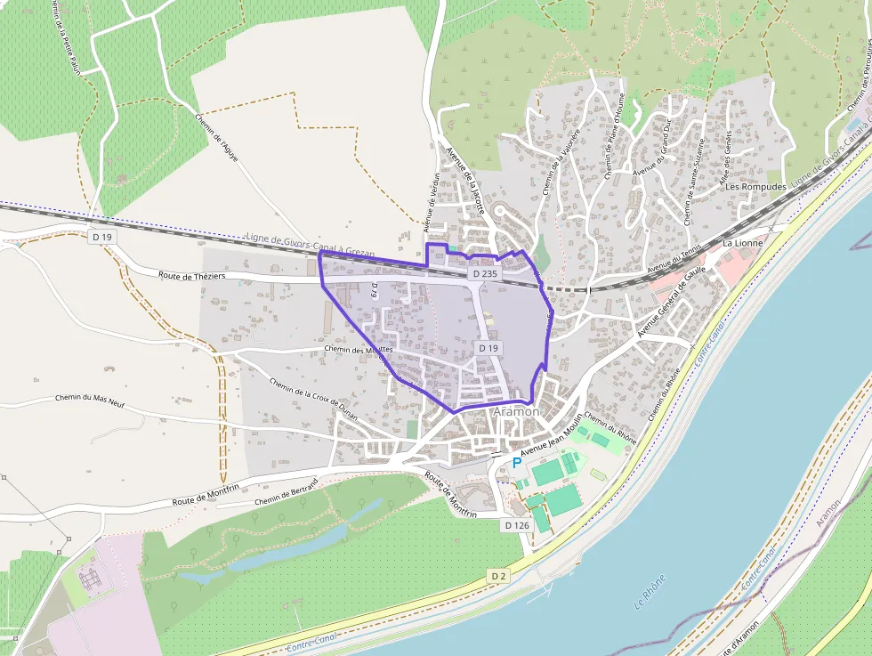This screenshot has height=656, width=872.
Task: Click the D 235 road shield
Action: pyautogui.click(x=485, y=274)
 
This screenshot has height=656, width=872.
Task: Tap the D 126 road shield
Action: pyautogui.click(x=517, y=525)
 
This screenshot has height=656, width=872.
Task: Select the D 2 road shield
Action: pyautogui.click(x=498, y=576)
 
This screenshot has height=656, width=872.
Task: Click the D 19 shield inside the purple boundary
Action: pyautogui.click(x=488, y=348)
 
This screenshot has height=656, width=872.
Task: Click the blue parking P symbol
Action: pyautogui.click(x=516, y=463)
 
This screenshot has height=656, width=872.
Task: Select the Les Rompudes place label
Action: pyautogui.click(x=755, y=187)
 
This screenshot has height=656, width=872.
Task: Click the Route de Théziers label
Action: pyautogui.click(x=192, y=275)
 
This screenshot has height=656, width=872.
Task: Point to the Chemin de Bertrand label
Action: pyautogui.click(x=286, y=496)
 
